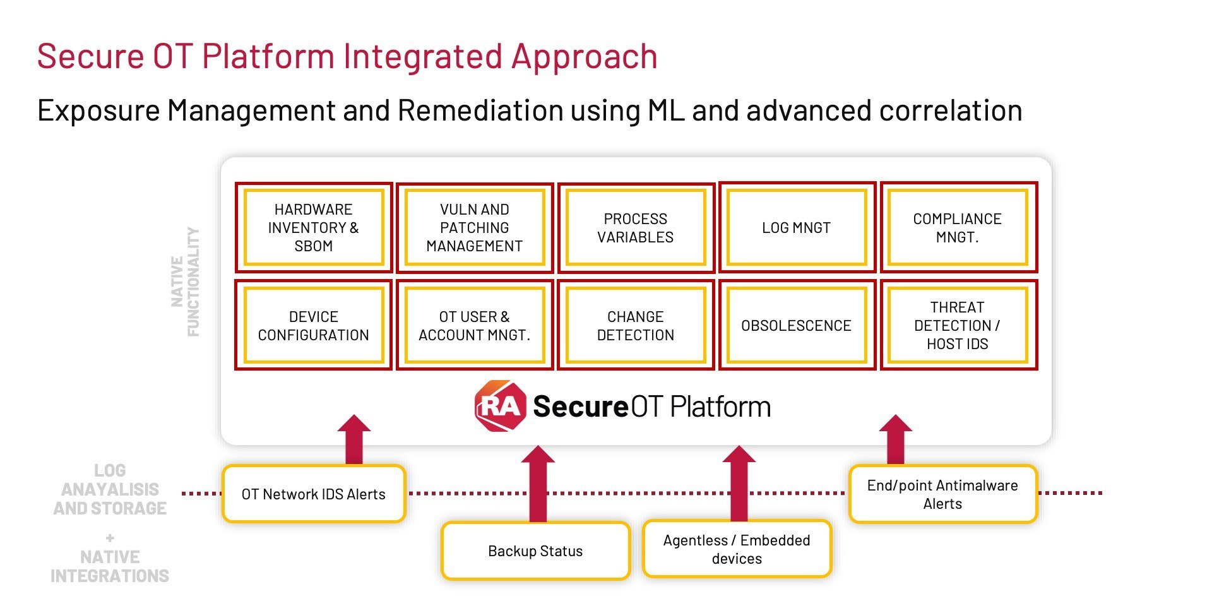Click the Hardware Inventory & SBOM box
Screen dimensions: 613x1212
314,227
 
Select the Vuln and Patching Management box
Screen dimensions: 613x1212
475,227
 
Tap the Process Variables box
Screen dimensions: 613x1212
636,227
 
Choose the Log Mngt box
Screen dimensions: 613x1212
797,227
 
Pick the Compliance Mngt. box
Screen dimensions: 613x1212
958,227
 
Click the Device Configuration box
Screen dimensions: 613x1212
314,325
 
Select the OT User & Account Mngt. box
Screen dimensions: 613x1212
475,325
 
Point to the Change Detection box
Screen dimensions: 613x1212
636,325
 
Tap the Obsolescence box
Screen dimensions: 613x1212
797,325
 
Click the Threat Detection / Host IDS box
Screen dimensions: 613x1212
958,325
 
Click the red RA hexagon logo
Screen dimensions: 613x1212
500,406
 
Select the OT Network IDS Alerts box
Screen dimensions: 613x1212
314,494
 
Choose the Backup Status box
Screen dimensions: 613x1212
535,551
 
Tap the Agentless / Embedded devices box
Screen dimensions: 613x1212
737,549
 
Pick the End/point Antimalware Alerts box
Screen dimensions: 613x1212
942,494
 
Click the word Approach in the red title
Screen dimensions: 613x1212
585,57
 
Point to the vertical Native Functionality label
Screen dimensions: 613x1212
186,282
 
